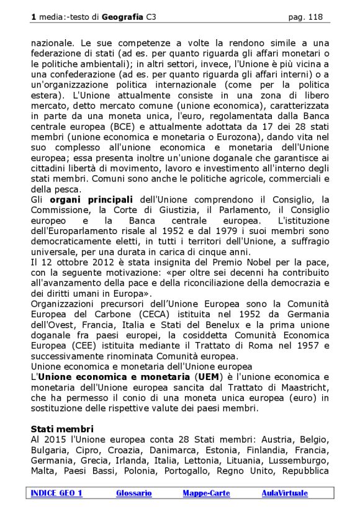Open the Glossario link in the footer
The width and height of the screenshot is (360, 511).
(133, 493)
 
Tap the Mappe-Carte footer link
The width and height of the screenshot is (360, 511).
(206, 493)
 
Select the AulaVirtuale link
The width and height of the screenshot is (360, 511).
(284, 493)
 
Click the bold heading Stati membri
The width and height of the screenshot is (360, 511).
(62, 429)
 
